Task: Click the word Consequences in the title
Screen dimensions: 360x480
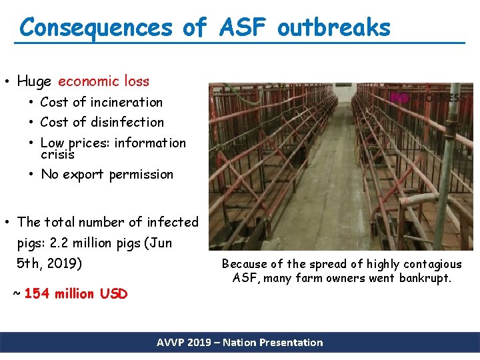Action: coord(96,28)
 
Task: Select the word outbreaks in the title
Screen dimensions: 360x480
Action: coord(334,28)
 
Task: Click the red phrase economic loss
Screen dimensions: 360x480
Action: coord(103,81)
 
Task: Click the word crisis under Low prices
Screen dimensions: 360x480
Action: coord(57,155)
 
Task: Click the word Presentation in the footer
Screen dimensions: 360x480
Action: coord(291,343)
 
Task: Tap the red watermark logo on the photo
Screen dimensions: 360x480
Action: coord(399,97)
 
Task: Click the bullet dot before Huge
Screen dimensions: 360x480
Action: coord(6,82)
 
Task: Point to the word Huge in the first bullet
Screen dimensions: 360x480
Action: coord(34,82)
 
